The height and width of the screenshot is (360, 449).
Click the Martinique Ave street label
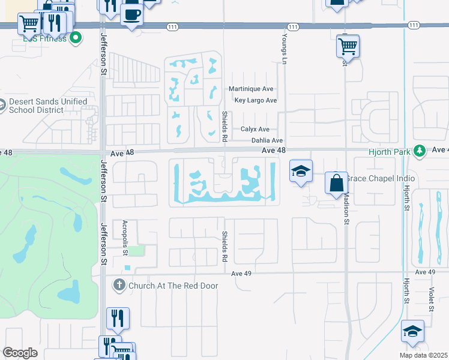click(x=251, y=89)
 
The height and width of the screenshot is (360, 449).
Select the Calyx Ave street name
click(x=255, y=130)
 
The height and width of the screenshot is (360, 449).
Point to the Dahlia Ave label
click(x=267, y=141)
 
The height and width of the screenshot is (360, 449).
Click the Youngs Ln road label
click(x=283, y=46)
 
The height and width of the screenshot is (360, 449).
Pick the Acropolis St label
click(x=125, y=233)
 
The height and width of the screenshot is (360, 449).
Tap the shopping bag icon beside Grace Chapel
click(x=336, y=182)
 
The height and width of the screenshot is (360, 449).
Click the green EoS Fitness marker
click(x=76, y=39)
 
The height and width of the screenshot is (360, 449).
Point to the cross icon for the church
click(x=119, y=286)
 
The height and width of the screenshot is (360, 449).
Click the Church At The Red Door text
click(x=173, y=286)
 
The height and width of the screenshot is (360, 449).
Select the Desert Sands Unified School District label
click(x=37, y=106)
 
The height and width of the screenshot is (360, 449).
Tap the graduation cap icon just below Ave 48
click(x=300, y=171)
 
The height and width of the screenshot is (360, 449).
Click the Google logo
click(x=20, y=353)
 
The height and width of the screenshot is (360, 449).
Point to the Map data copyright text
click(x=423, y=355)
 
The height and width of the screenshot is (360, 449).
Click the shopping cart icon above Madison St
click(x=348, y=45)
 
